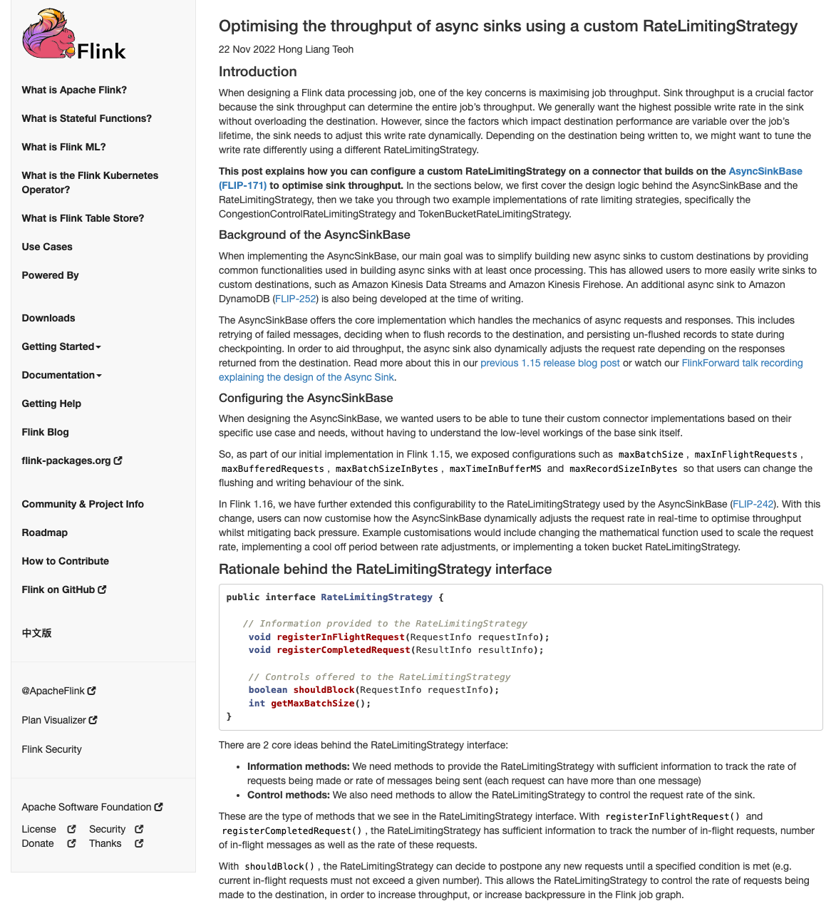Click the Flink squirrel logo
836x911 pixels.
(73, 36)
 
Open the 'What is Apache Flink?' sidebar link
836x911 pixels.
(74, 90)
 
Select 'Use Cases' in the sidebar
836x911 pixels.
(47, 247)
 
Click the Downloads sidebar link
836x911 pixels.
(48, 318)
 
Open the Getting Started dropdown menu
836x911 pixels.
(61, 346)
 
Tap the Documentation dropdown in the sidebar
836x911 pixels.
(61, 375)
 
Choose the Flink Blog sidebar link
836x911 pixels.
(46, 432)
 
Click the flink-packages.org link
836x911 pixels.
(71, 460)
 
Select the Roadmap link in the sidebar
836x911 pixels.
(45, 532)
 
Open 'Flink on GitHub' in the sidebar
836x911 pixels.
(63, 590)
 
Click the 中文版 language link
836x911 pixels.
(36, 633)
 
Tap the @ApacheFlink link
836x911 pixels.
(58, 691)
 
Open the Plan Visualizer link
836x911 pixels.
(59, 720)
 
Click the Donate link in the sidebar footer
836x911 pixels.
(38, 843)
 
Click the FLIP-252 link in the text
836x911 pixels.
(296, 299)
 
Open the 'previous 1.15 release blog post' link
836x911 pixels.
(550, 363)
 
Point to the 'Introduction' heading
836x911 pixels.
(258, 71)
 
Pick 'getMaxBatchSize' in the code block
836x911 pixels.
(313, 704)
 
